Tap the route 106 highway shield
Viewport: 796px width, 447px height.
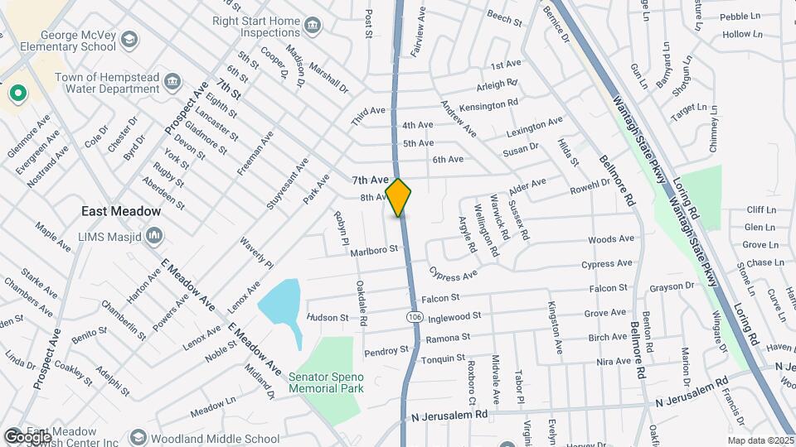(413, 316)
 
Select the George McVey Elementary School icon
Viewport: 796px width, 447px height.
(129, 39)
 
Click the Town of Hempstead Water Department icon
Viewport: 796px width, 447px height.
(172, 80)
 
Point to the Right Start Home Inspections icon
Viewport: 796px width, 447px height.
(312, 25)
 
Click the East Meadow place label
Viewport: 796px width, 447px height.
(121, 211)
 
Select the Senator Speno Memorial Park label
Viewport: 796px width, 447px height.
(327, 382)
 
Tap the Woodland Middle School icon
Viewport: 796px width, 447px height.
(138, 438)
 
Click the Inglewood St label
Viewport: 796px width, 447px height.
(454, 316)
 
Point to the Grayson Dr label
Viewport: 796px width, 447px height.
(672, 286)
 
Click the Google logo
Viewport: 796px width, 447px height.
(27, 436)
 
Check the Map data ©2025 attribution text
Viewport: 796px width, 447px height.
(760, 440)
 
